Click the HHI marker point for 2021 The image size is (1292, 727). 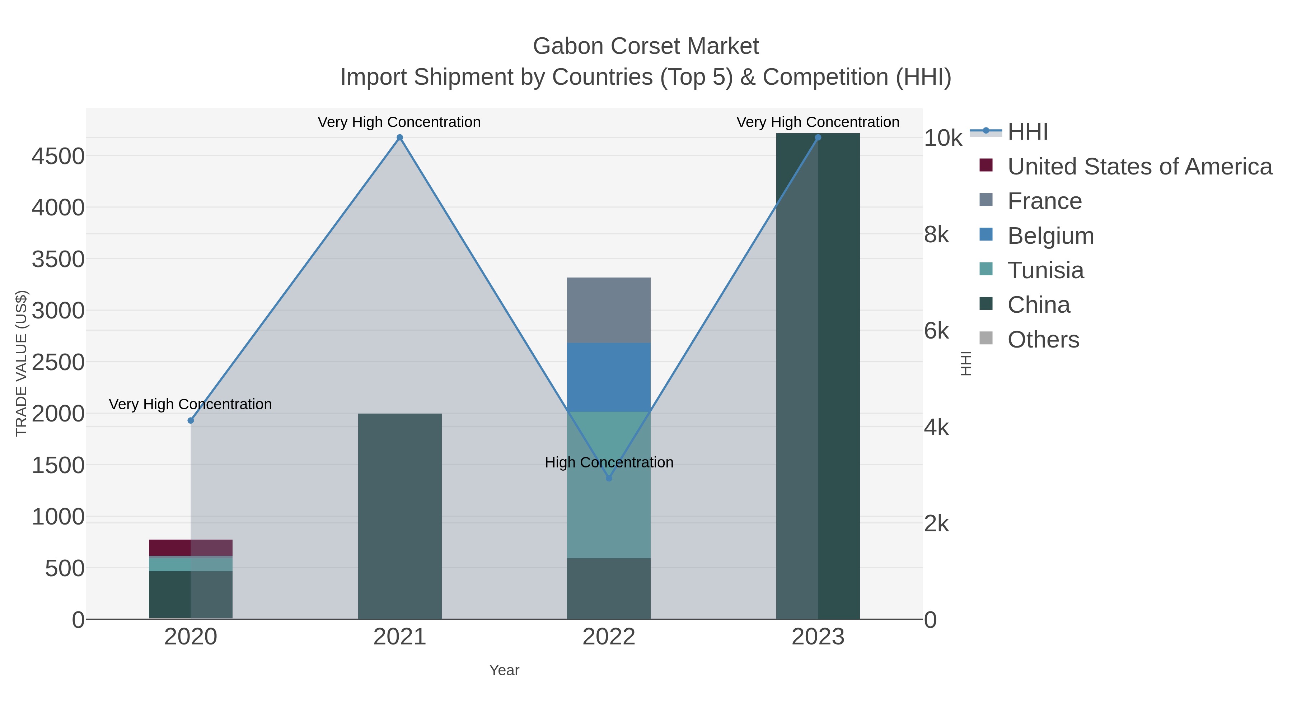[x=400, y=138]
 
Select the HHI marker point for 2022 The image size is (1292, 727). [x=609, y=478]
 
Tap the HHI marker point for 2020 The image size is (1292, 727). [x=191, y=420]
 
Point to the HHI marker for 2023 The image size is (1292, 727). [x=818, y=138]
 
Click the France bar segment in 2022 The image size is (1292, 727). [x=609, y=310]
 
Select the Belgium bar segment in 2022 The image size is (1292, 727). [x=609, y=377]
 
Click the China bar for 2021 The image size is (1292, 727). [x=400, y=516]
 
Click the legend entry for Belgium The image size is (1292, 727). [x=1050, y=236]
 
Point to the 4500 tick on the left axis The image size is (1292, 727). [x=58, y=156]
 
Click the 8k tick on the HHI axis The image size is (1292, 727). [x=936, y=234]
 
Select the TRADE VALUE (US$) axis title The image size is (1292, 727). [x=21, y=363]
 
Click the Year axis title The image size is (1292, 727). [x=504, y=670]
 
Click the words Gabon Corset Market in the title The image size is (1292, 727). [x=646, y=46]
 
